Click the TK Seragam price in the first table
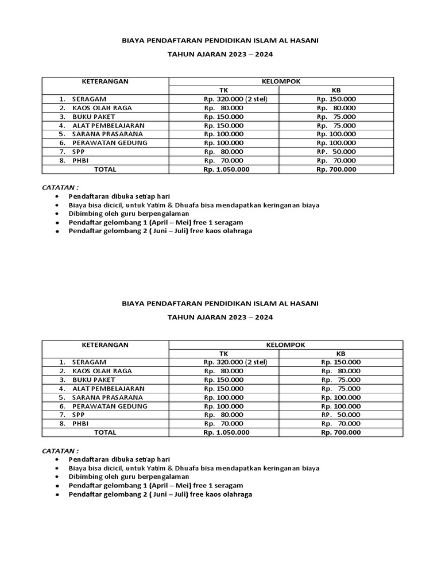click(235, 99)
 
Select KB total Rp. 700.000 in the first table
click(336, 169)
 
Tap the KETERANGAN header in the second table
click(105, 345)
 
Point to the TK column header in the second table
click(224, 354)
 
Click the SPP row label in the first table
click(79, 152)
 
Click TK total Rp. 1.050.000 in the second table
click(226, 432)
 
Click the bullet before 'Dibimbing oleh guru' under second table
click(57, 477)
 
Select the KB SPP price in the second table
click(341, 415)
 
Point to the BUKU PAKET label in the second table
click(94, 380)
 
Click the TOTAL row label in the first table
click(105, 169)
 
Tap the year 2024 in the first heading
click(263, 55)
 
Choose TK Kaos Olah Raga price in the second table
click(223, 371)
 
